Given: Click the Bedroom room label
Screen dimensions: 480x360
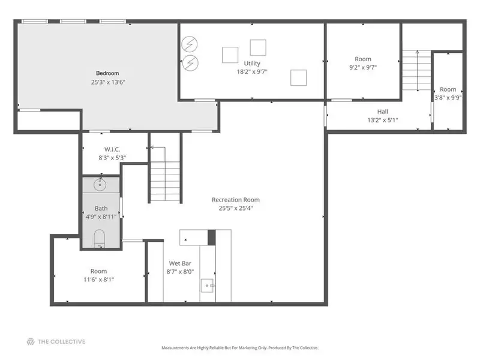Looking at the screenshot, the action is pos(107,73).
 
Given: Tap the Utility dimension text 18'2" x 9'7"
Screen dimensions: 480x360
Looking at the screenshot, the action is pos(252,71).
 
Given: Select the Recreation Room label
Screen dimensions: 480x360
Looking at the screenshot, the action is pos(236,200).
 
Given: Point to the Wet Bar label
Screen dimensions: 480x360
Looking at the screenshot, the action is pos(180,263).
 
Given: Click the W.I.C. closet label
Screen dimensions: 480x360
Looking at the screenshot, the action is pos(112,149).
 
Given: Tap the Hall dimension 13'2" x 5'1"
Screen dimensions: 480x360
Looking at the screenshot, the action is pos(383,120).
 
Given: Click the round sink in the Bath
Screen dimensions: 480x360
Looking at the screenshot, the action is pos(100,185).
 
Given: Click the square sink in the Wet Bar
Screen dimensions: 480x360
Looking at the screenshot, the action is pos(207,286).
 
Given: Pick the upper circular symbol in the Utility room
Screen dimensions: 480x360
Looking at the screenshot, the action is pos(189,44).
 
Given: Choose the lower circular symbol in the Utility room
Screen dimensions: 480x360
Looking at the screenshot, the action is pos(190,63).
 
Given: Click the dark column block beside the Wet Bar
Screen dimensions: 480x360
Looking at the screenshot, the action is pos(212,238).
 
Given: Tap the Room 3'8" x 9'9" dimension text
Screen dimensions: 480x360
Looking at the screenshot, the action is pos(448,98).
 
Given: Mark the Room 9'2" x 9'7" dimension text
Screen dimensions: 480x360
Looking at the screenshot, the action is pos(363,67).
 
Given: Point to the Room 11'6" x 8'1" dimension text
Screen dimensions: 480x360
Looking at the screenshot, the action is pos(98,280).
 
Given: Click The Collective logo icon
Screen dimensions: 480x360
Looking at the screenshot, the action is pos(31,341).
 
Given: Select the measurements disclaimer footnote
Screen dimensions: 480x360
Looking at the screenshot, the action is pos(240,348).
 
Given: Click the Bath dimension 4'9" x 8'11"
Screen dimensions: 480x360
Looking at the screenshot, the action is pos(101,217).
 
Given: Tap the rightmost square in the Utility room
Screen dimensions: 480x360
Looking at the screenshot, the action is pos(298,77).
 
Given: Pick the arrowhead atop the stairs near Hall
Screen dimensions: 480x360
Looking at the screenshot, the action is pos(417,52).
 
